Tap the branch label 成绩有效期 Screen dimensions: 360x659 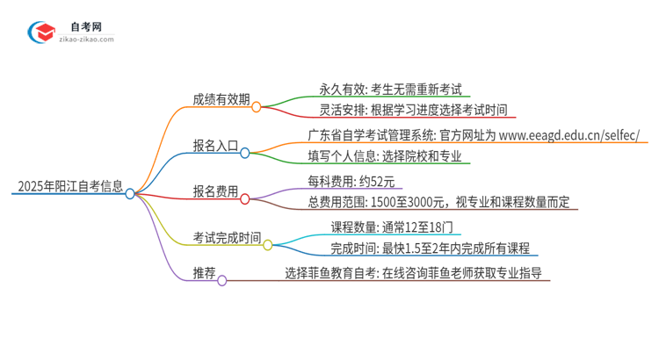(221, 99)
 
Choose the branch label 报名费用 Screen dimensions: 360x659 (215, 191)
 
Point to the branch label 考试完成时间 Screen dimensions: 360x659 (227, 236)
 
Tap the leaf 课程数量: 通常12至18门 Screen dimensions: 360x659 (390, 227)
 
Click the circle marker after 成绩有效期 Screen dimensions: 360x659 (256, 107)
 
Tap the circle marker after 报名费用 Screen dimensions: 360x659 (245, 198)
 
